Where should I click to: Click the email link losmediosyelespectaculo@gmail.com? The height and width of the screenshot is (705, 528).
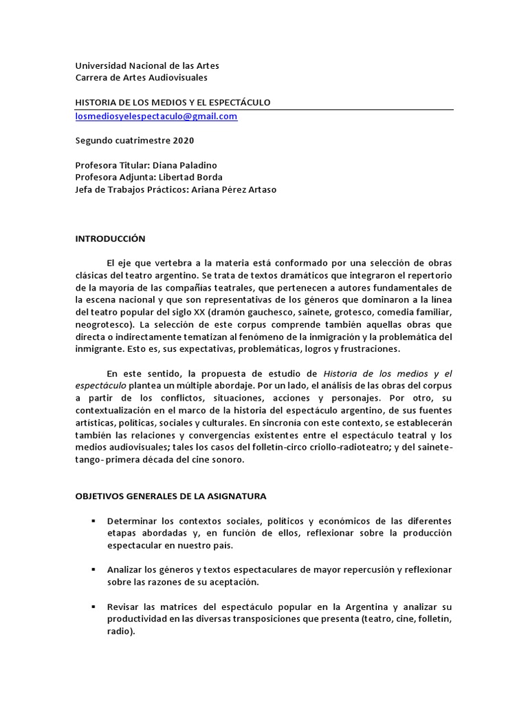click(x=156, y=116)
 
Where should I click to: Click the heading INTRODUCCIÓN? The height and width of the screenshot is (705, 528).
click(x=110, y=238)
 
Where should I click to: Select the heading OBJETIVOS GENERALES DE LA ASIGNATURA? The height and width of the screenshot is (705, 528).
click(x=170, y=496)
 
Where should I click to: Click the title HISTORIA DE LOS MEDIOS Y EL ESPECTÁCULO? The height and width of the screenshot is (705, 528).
click(x=173, y=103)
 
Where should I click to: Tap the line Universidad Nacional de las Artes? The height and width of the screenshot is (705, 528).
click(x=147, y=66)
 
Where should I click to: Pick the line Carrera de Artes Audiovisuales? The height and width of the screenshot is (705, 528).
click(x=141, y=78)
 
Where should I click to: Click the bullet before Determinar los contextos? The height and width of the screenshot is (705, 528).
click(x=92, y=520)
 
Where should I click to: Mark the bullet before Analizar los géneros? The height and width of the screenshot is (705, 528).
click(x=92, y=570)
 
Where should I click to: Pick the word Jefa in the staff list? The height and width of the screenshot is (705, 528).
click(x=85, y=189)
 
